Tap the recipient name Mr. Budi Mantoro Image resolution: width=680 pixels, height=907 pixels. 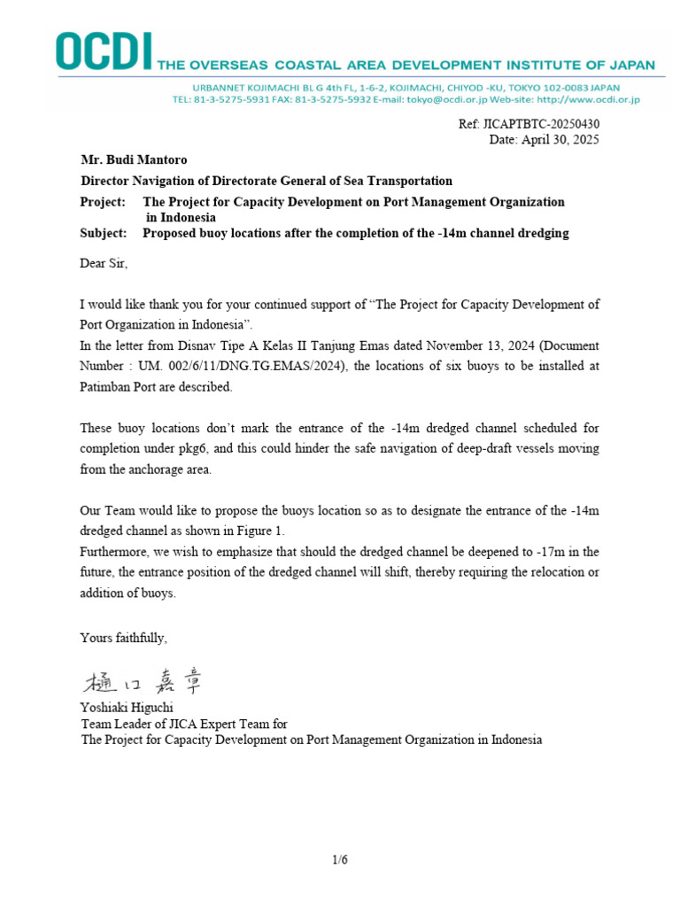[x=134, y=160]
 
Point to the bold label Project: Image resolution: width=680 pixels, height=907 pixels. [x=103, y=202]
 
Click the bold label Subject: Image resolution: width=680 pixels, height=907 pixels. [x=104, y=233]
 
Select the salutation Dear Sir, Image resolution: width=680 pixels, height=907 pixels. [x=104, y=263]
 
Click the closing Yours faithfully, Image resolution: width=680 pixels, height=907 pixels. [x=124, y=637]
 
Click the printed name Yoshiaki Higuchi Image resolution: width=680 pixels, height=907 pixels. [x=128, y=708]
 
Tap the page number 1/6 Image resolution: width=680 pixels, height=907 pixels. [x=340, y=858]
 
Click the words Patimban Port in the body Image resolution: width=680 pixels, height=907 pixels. [x=119, y=387]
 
